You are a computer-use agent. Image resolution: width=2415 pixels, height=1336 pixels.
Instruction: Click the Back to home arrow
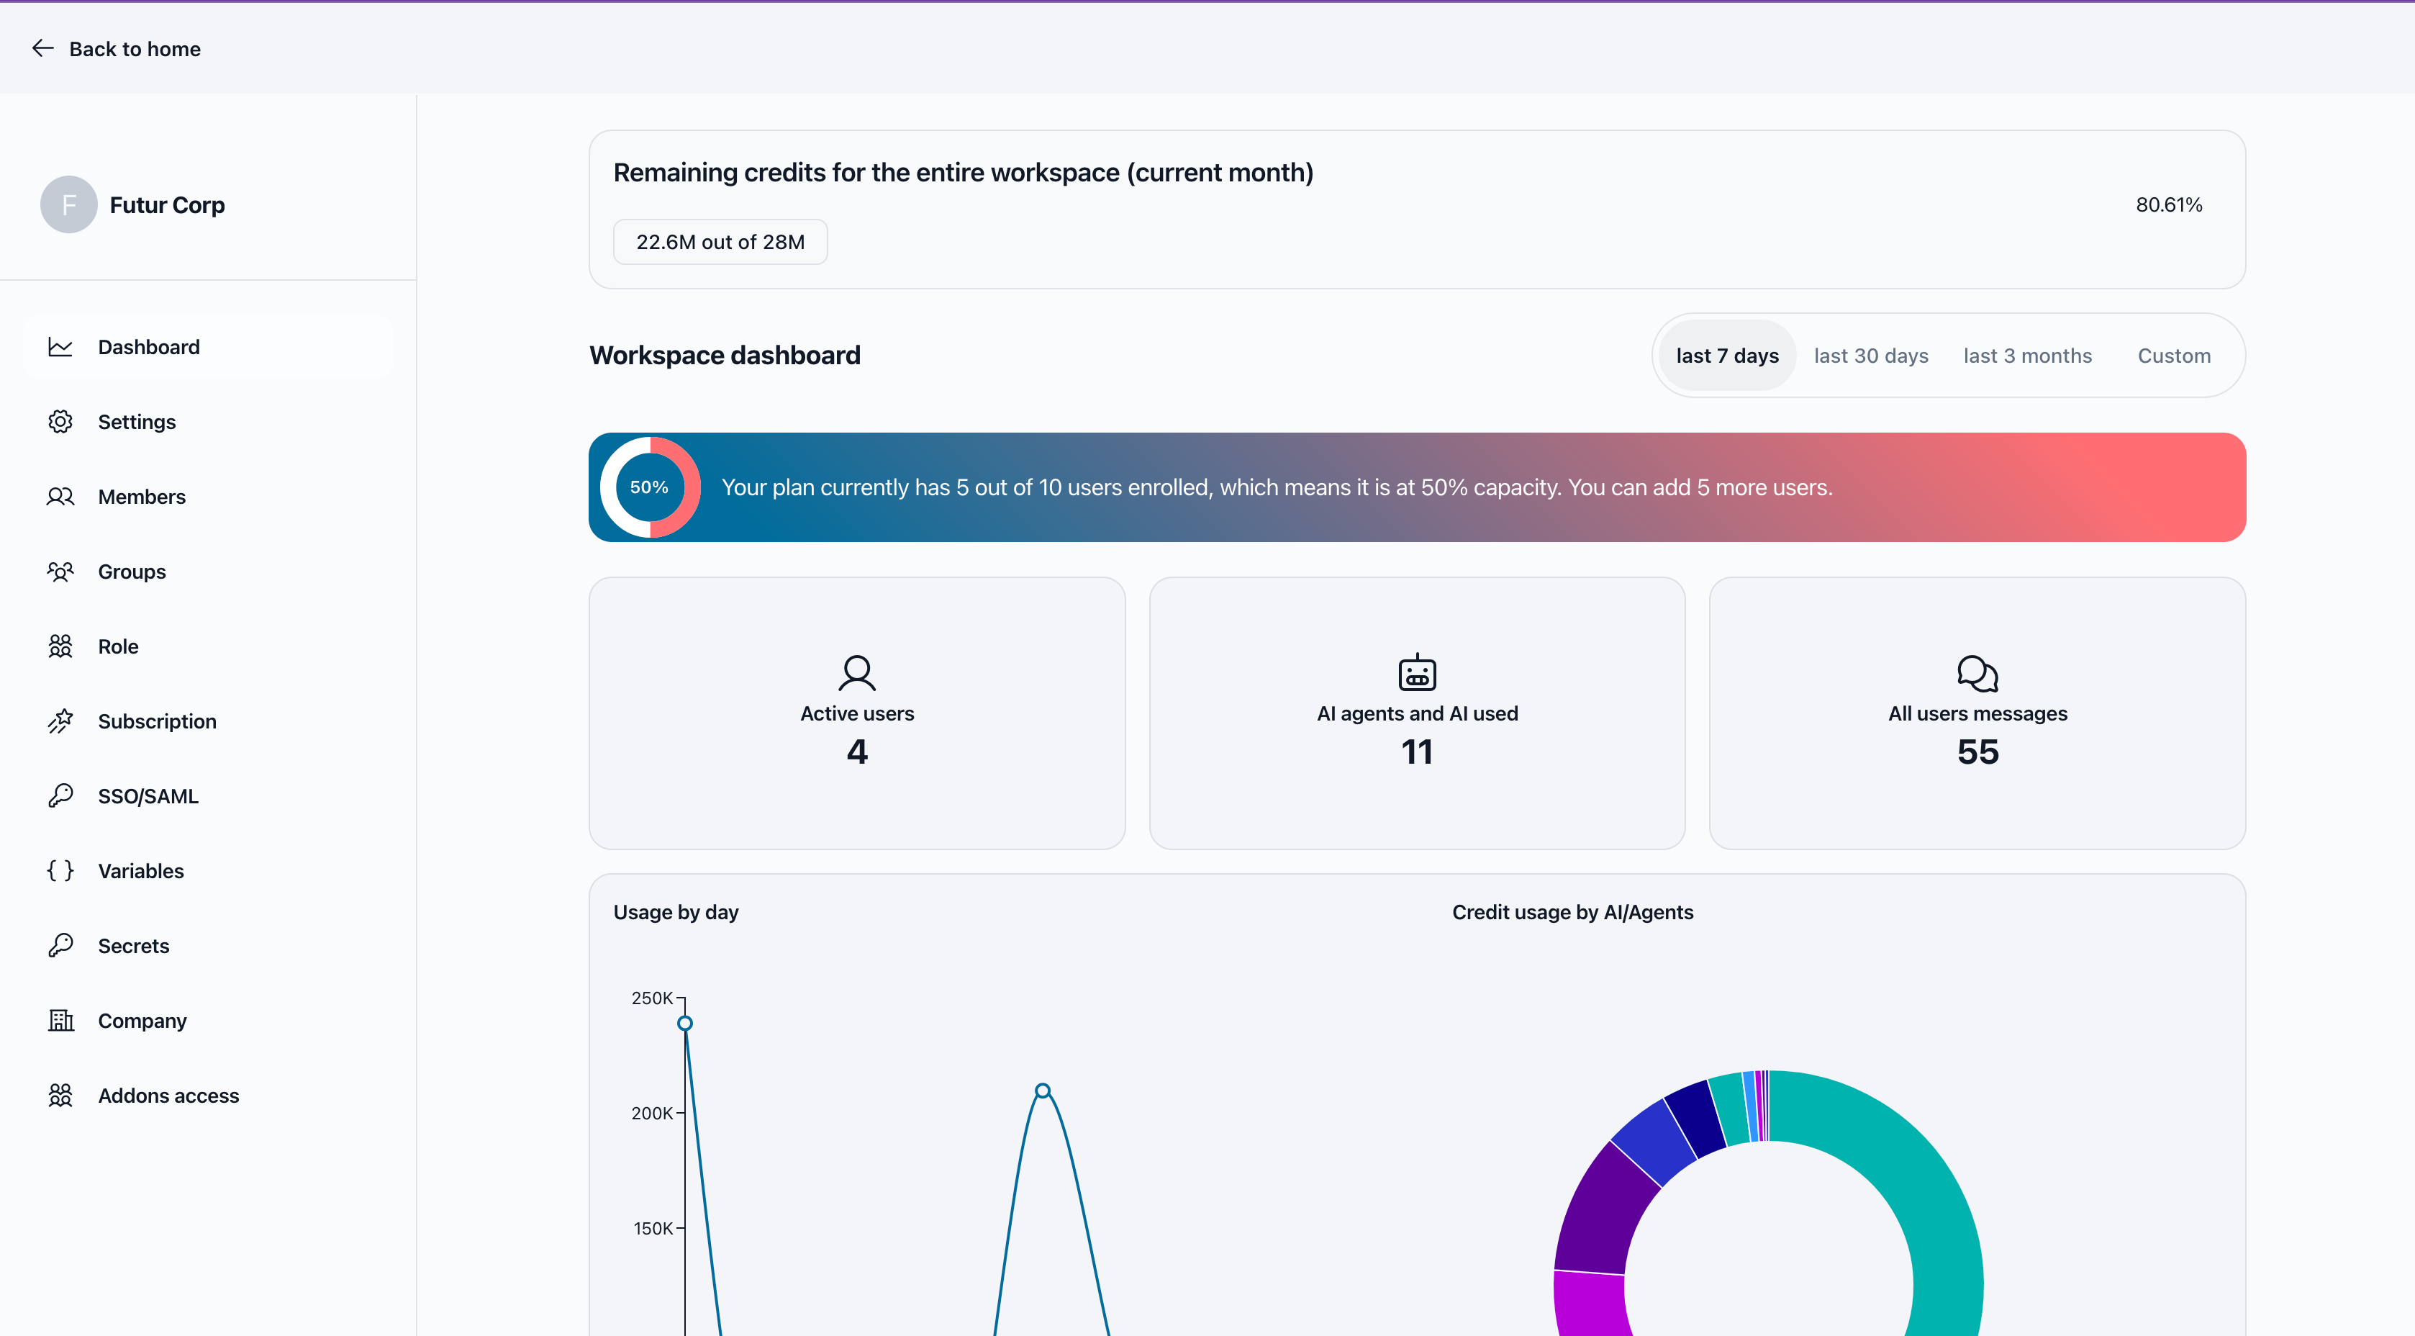[43, 48]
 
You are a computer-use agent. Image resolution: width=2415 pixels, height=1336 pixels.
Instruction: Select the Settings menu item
[136, 422]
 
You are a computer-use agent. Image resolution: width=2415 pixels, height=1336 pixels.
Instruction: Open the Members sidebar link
[142, 497]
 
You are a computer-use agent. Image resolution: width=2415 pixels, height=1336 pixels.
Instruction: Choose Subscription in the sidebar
[157, 721]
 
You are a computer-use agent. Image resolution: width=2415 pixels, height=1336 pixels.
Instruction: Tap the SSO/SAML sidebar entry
[148, 796]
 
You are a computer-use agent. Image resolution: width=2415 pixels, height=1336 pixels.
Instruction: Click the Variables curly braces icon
[60, 871]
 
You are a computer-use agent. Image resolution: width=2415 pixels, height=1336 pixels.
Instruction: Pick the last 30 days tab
[1870, 356]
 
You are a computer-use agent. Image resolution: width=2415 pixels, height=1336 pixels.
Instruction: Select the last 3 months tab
[2027, 356]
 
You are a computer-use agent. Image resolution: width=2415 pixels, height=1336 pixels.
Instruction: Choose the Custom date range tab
[2173, 356]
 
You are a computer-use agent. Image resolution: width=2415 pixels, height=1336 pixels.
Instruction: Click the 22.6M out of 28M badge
[720, 242]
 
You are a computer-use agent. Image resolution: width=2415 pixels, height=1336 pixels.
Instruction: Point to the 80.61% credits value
[2168, 204]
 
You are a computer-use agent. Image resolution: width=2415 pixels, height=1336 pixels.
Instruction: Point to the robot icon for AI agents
[1417, 672]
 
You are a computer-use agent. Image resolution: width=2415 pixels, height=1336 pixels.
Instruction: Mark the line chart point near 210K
[1043, 1091]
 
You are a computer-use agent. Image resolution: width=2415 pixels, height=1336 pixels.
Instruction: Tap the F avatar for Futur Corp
[68, 204]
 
